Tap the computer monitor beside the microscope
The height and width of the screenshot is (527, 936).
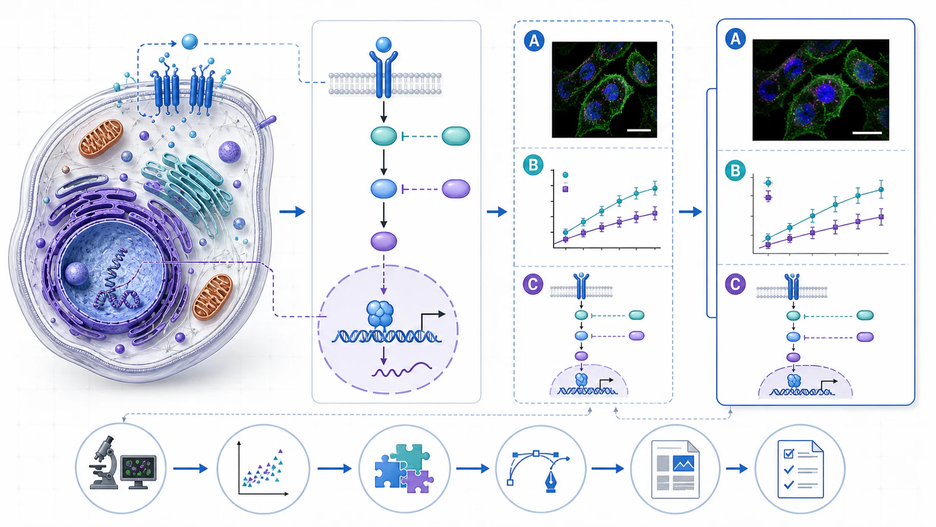[x=138, y=471]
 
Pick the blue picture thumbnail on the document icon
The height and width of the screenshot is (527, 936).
[x=684, y=464]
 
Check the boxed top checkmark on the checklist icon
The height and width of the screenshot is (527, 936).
[x=789, y=454]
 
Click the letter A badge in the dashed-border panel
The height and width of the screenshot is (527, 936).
[x=534, y=40]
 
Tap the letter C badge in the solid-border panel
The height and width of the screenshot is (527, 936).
[x=735, y=285]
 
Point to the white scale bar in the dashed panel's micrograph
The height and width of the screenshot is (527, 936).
[x=639, y=130]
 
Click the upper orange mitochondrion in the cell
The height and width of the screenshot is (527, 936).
[x=101, y=138]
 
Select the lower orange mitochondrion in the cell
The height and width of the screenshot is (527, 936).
[x=213, y=297]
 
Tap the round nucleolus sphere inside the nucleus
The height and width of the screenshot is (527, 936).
[x=77, y=274]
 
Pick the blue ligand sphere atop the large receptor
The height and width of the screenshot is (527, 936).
[x=383, y=45]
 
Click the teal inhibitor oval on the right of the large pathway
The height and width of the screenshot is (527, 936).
[x=456, y=136]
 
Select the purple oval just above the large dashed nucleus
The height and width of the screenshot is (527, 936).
[x=383, y=241]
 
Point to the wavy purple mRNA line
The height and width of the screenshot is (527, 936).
[x=402, y=370]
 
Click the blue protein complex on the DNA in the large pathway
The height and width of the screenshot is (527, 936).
[x=380, y=314]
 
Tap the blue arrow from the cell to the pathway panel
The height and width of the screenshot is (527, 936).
[x=292, y=212]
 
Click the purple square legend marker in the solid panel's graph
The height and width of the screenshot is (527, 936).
[x=768, y=198]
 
